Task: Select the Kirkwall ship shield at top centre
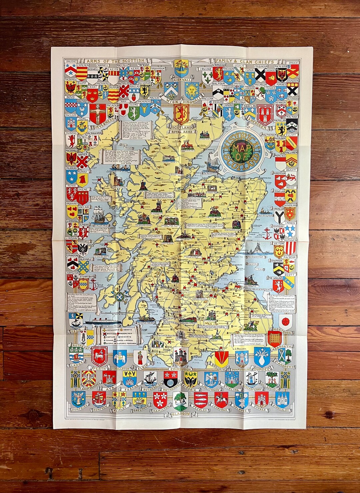coord(182,68)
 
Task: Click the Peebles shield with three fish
coord(201,399)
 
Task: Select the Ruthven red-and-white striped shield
coord(290,247)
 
